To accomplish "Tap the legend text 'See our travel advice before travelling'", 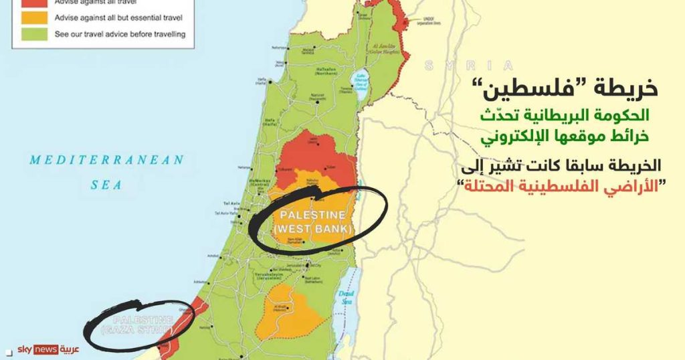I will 120,33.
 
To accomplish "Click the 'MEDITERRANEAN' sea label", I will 106,160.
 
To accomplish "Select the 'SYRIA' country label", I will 468,65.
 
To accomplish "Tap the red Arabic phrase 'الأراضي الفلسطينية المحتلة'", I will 565,187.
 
